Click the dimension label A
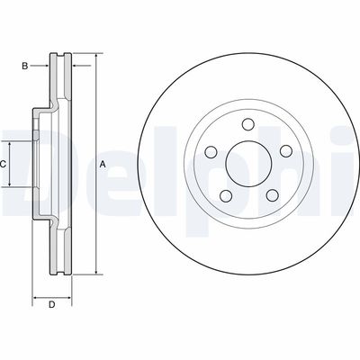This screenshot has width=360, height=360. click(103, 164)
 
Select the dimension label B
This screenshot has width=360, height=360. click(26, 65)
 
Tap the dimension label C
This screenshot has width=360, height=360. click(4, 164)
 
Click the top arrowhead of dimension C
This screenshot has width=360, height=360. click(11, 143)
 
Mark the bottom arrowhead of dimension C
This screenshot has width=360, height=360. click(11, 184)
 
